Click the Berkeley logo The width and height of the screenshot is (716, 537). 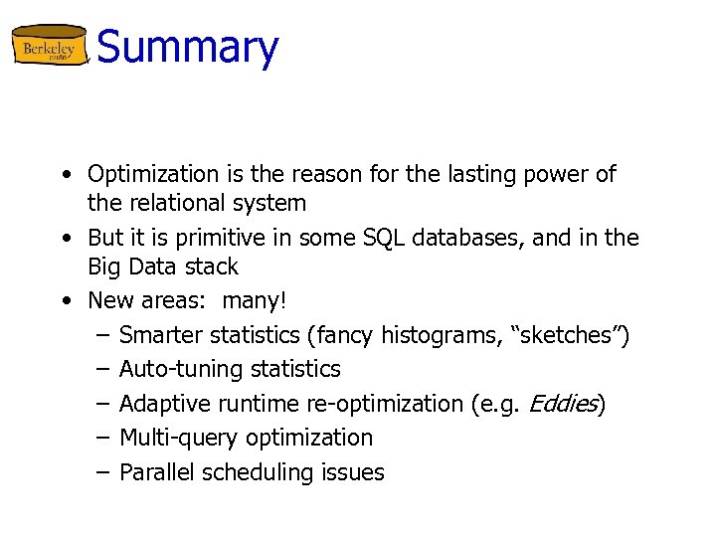click(x=50, y=47)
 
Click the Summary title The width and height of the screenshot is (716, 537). click(x=188, y=47)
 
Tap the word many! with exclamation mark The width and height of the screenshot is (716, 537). click(x=254, y=300)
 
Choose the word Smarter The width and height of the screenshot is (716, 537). click(x=161, y=335)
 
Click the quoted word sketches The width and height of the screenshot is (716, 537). click(x=569, y=335)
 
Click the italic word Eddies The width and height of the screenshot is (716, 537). click(x=563, y=404)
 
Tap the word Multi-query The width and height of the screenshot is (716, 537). click(x=177, y=438)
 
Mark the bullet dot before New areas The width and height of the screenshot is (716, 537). click(x=65, y=300)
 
